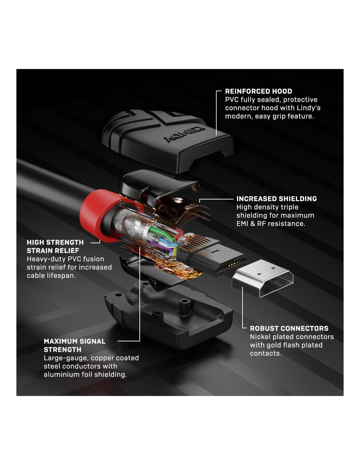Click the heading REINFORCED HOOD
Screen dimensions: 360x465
259,91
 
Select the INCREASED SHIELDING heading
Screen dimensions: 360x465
277,199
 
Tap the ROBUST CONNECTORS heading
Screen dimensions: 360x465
289,328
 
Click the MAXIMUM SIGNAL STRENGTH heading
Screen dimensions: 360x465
75,345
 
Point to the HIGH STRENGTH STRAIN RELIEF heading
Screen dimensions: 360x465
55,247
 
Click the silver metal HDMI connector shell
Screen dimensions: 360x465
263,278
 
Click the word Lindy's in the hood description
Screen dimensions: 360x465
308,108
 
